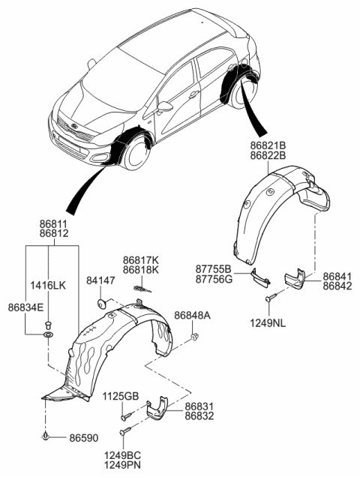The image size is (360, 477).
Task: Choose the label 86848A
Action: (193, 315)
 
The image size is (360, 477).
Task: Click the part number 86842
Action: (337, 286)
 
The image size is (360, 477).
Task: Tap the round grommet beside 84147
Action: (100, 303)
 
